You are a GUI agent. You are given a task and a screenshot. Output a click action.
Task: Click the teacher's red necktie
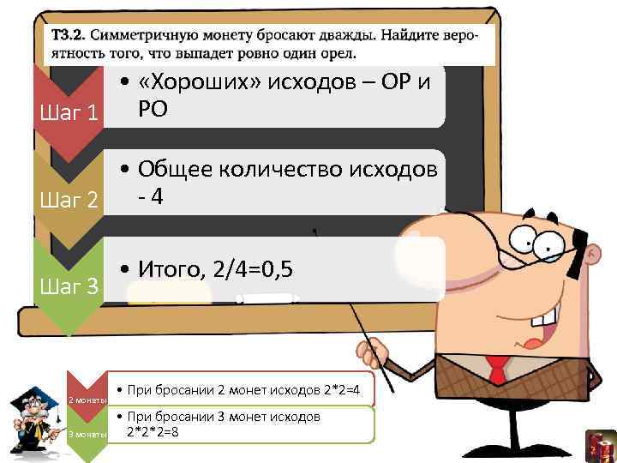496,370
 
